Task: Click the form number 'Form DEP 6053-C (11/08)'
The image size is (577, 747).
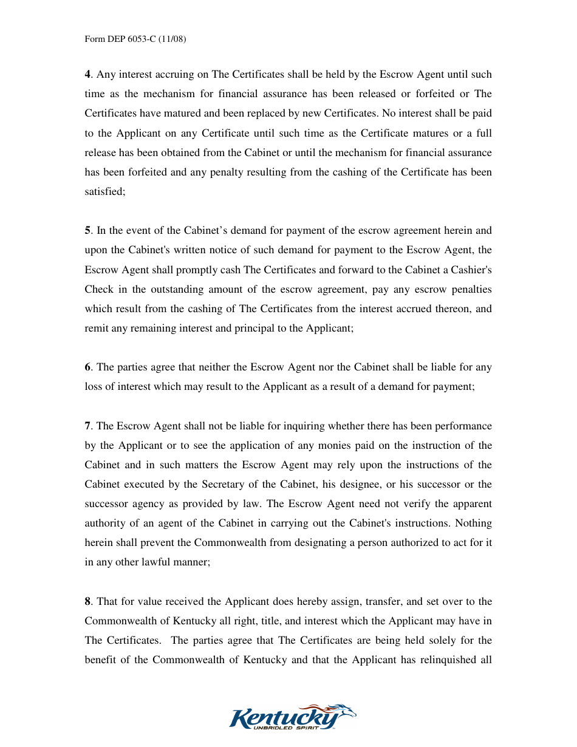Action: click(x=135, y=39)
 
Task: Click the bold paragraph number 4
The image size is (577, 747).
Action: click(x=87, y=75)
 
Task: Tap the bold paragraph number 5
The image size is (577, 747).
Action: click(x=87, y=231)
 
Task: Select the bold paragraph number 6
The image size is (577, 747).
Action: click(x=87, y=367)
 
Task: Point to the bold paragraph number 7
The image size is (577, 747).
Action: click(x=87, y=426)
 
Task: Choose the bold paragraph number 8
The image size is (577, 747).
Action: click(x=87, y=602)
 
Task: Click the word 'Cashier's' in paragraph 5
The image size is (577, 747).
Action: click(x=473, y=270)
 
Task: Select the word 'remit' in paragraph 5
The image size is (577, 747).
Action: click(x=95, y=328)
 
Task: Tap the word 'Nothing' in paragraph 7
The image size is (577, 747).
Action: click(x=473, y=524)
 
